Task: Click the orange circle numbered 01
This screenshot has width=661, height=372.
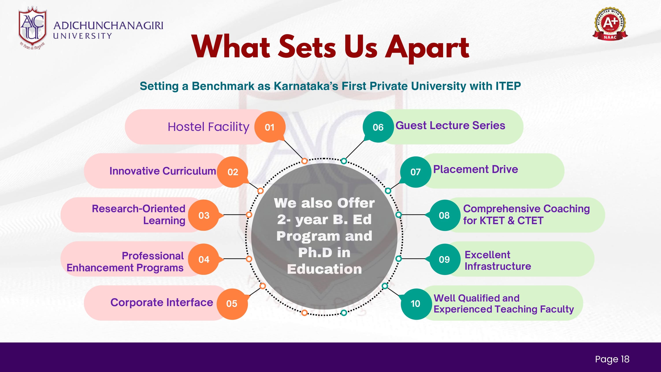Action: click(270, 127)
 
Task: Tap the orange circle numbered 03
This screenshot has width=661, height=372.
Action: click(204, 215)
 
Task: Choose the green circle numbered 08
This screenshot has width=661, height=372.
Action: click(444, 215)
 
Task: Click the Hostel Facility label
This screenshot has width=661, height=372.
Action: click(208, 127)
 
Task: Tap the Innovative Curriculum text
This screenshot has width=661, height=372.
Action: click(163, 171)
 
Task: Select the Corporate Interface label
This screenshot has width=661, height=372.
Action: click(162, 302)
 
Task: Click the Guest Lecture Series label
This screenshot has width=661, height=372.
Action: click(450, 126)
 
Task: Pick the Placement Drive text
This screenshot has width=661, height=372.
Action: click(475, 169)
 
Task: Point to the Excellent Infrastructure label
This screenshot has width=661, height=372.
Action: click(498, 260)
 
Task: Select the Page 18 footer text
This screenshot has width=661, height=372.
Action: click(612, 359)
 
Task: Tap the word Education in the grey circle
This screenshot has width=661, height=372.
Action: click(324, 269)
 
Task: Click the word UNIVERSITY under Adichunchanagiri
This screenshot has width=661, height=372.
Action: click(83, 36)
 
